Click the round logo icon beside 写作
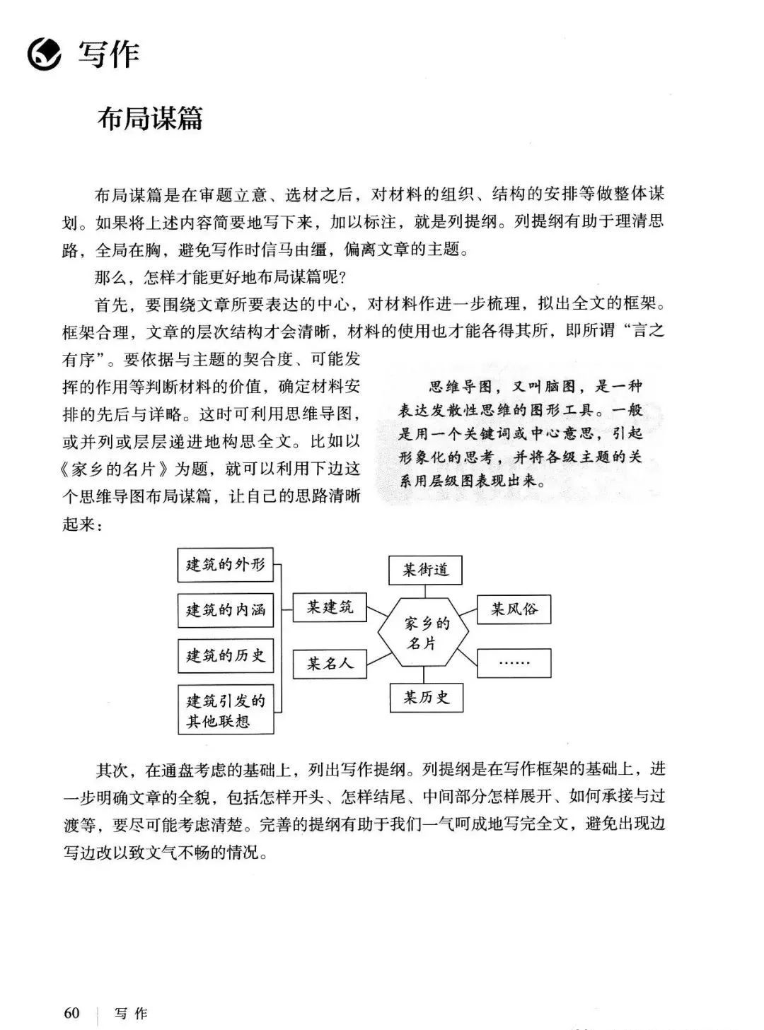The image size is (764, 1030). [x=44, y=54]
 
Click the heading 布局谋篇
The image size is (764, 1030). [x=150, y=119]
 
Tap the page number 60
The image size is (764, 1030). [x=71, y=1012]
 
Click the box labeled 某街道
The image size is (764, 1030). [x=425, y=570]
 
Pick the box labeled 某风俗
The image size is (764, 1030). [x=514, y=609]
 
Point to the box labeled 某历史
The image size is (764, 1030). [x=426, y=698]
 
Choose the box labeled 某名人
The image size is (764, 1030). [x=330, y=664]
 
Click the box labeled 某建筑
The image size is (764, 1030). [x=330, y=607]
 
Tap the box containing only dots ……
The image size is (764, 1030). [x=514, y=663]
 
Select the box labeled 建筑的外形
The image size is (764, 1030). [x=225, y=565]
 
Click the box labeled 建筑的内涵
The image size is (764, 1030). [x=225, y=610]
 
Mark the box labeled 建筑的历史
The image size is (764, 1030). [x=225, y=656]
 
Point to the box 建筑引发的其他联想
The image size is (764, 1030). [x=225, y=710]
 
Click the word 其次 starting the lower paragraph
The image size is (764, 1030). [x=112, y=769]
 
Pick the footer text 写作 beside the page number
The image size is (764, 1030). [x=132, y=1013]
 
